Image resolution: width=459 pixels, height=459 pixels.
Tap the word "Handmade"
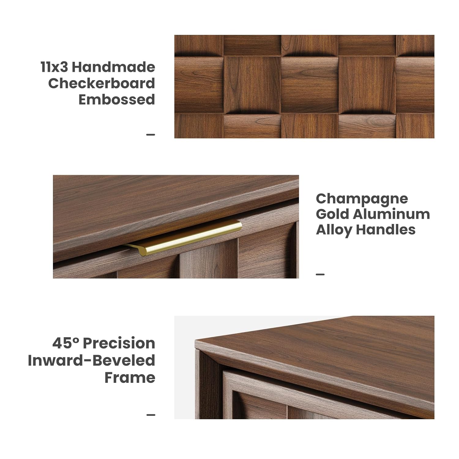(x=113, y=67)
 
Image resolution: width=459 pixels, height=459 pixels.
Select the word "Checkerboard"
(x=102, y=83)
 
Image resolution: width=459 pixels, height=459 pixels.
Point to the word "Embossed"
(x=117, y=99)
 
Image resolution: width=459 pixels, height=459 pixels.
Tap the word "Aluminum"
(x=391, y=214)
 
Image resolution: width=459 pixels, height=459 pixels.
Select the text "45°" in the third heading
(x=65, y=343)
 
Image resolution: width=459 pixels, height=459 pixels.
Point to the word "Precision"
(x=119, y=343)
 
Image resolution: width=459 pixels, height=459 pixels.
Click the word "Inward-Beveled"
(x=91, y=360)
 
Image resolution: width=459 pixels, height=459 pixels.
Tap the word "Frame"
(x=130, y=377)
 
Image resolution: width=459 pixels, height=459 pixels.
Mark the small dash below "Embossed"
(x=151, y=134)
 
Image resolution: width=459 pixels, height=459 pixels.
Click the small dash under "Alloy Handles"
(x=320, y=274)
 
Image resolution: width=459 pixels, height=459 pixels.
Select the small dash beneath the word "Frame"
(x=151, y=415)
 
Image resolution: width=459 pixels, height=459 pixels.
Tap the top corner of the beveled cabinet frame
(x=195, y=340)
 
